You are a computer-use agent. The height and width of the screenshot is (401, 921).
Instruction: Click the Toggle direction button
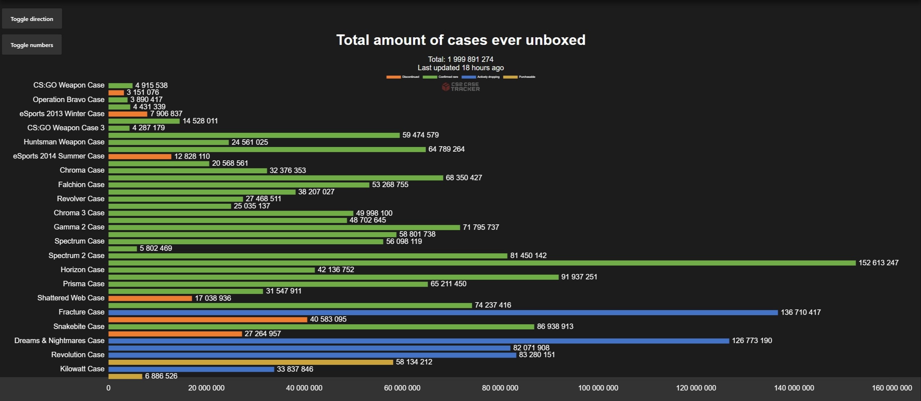pyautogui.click(x=32, y=19)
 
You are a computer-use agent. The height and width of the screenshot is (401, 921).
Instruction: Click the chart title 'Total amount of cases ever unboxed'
pyautogui.click(x=461, y=40)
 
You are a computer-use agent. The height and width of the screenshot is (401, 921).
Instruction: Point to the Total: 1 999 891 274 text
pyautogui.click(x=460, y=59)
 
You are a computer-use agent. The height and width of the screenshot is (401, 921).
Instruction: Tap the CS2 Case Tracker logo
pyautogui.click(x=461, y=87)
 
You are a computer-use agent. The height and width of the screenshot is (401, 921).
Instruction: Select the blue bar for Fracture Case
pyautogui.click(x=443, y=312)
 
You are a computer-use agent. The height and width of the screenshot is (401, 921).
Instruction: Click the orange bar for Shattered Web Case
pyautogui.click(x=150, y=298)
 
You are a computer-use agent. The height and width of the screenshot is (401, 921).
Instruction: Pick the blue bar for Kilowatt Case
pyautogui.click(x=191, y=369)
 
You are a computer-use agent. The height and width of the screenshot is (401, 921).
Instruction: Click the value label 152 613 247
pyautogui.click(x=878, y=263)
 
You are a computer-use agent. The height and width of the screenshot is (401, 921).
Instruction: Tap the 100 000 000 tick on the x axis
pyautogui.click(x=598, y=388)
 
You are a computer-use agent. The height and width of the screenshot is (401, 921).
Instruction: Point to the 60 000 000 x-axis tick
pyautogui.click(x=402, y=388)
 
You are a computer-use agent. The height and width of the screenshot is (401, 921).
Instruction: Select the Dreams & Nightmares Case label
pyautogui.click(x=59, y=341)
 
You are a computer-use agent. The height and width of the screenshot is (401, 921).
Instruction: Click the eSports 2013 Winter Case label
pyautogui.click(x=62, y=114)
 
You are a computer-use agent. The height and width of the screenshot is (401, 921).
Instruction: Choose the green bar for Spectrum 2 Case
pyautogui.click(x=308, y=256)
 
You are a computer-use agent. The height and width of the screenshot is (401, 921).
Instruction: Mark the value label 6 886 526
pyautogui.click(x=161, y=376)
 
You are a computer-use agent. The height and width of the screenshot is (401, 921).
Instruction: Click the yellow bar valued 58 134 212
pyautogui.click(x=250, y=362)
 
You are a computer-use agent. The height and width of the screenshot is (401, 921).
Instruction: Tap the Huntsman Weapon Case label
pyautogui.click(x=64, y=142)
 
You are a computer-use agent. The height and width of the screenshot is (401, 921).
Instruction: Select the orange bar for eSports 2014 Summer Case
pyautogui.click(x=140, y=157)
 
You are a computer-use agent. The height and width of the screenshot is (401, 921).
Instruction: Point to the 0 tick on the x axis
pyautogui.click(x=109, y=388)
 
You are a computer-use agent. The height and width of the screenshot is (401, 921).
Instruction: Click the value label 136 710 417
pyautogui.click(x=800, y=312)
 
